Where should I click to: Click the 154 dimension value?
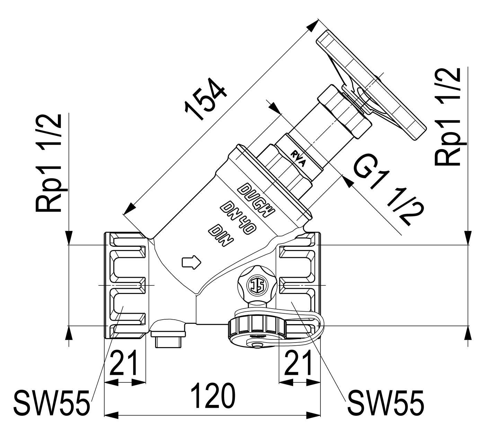pos(206,99)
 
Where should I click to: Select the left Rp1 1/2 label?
pos(48,163)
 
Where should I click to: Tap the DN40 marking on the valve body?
pos(238,218)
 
